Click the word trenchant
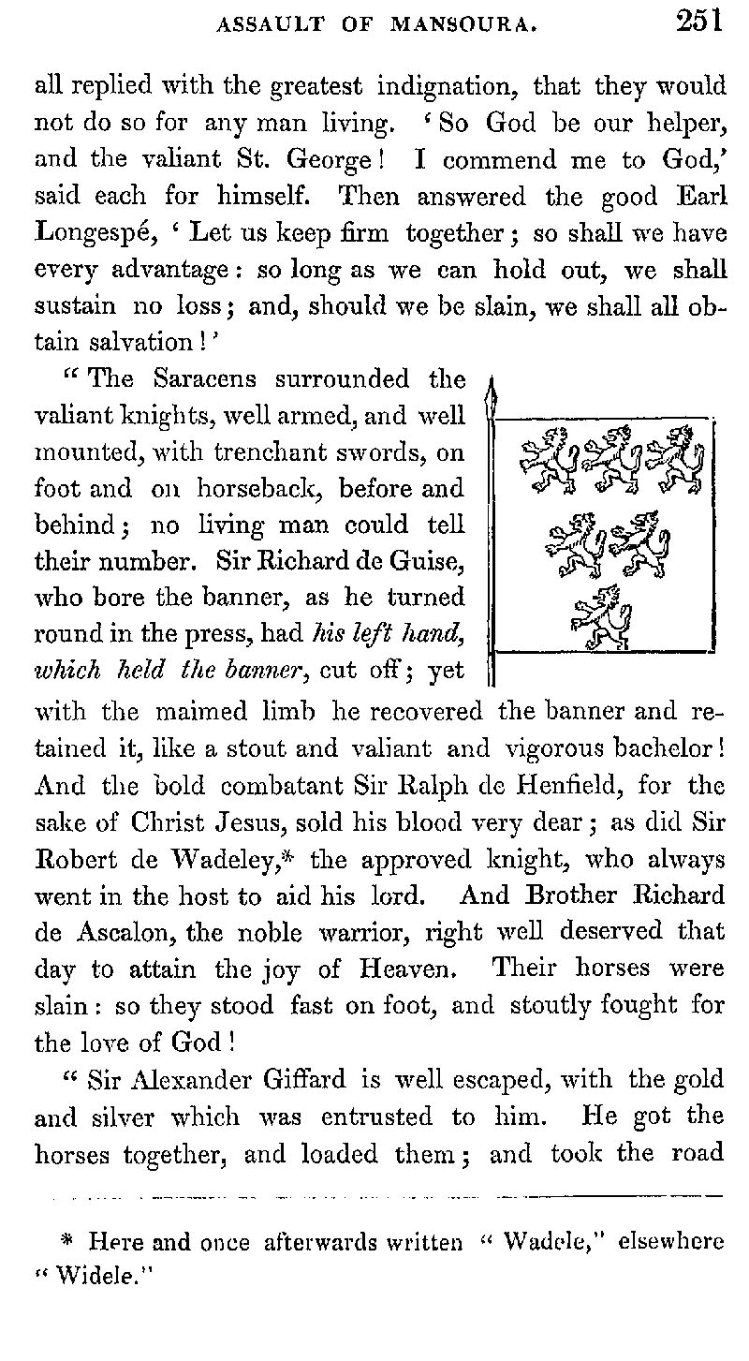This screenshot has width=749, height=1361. tap(283, 452)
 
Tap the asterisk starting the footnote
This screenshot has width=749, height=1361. tap(66, 1241)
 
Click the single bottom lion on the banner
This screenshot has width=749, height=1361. tap(600, 618)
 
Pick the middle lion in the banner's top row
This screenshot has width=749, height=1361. tap(609, 458)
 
